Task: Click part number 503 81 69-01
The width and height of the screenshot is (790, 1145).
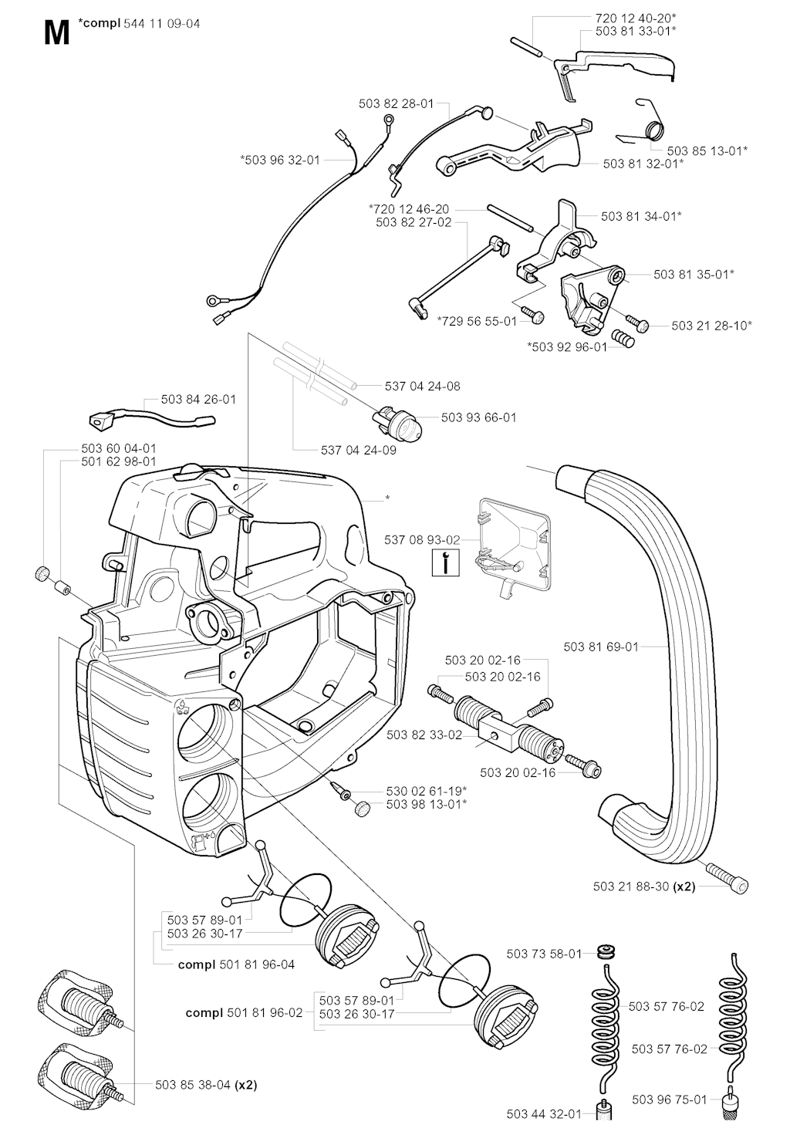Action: coord(601,647)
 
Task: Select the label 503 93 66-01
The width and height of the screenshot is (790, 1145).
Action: coord(479,417)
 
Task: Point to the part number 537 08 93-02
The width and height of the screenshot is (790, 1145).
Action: coord(422,539)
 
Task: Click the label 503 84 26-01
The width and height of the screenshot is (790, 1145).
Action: coord(199,400)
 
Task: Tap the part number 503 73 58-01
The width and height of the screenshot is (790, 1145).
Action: coord(544,954)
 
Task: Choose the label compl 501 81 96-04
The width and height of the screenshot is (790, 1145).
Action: coord(236,964)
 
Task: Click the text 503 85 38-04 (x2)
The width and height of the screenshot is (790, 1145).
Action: coord(207,1084)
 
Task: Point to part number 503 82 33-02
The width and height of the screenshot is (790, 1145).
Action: coord(424,735)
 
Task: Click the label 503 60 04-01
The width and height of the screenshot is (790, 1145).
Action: coord(119,448)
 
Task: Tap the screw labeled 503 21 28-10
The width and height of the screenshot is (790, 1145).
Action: coord(639,324)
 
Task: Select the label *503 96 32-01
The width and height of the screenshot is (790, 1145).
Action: coord(280,160)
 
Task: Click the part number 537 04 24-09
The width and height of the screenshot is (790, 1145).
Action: coord(359,450)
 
